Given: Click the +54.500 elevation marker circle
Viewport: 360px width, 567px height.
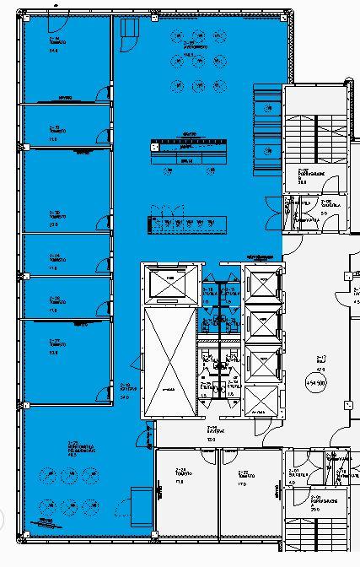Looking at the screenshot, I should (x=322, y=381).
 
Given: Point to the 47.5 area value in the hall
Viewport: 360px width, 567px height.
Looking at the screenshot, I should (x=320, y=370).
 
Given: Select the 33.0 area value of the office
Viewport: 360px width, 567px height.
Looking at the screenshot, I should (x=53, y=352).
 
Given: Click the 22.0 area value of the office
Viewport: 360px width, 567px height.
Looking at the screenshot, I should (x=53, y=224).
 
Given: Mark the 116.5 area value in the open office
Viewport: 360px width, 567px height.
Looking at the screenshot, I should (x=190, y=54).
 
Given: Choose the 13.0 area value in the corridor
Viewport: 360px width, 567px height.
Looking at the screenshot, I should (x=212, y=440).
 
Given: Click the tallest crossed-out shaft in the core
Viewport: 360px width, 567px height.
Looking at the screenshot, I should (x=169, y=363).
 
